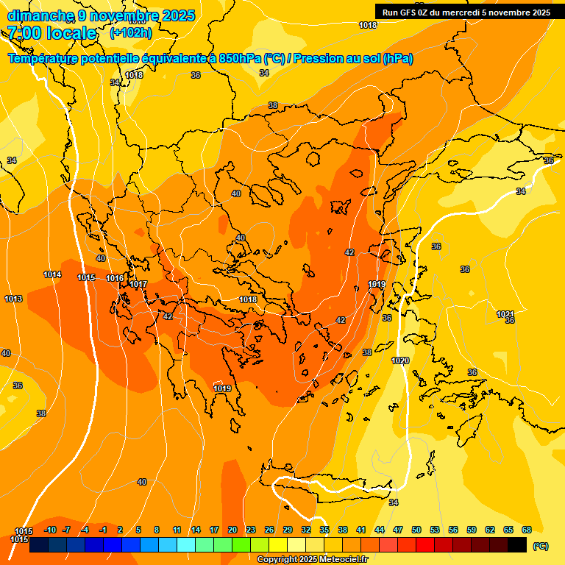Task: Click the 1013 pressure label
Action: click(x=13, y=299)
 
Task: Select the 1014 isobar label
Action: click(x=52, y=274)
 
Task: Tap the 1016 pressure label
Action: click(x=115, y=278)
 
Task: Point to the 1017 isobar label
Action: click(x=138, y=284)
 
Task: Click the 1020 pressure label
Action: click(x=400, y=360)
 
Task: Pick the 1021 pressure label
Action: click(x=505, y=314)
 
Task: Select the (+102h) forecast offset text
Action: click(x=130, y=33)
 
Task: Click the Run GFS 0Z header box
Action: click(x=466, y=13)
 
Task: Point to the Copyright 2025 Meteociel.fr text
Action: click(x=312, y=559)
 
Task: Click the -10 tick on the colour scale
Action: click(x=50, y=530)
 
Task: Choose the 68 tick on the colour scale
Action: click(x=527, y=530)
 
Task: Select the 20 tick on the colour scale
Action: click(x=232, y=530)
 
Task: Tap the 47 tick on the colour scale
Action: click(x=398, y=530)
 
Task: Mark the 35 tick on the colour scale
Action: click(x=324, y=530)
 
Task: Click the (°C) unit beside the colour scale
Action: click(x=540, y=546)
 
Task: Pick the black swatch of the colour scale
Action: click(x=517, y=545)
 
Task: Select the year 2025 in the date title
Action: click(x=178, y=15)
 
